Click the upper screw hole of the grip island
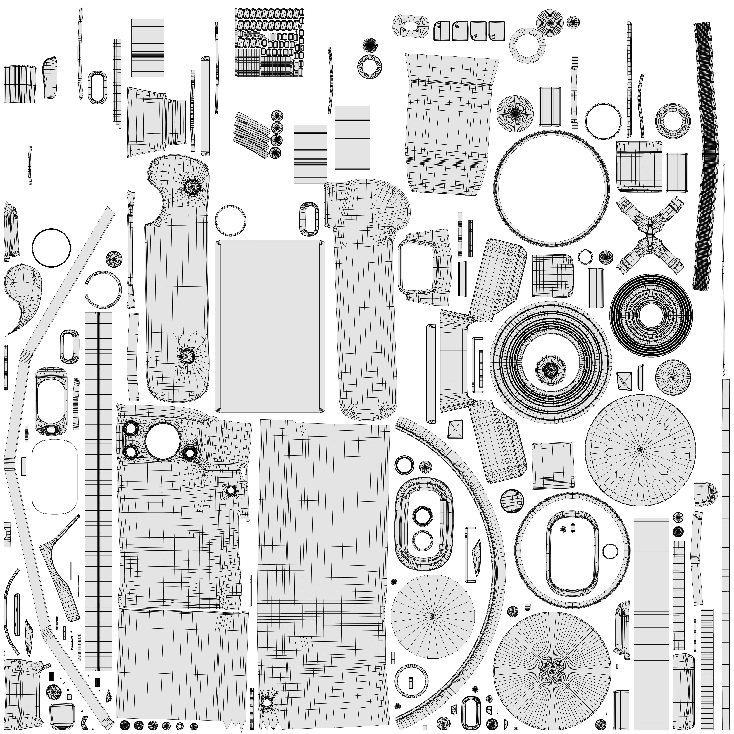[x=192, y=186]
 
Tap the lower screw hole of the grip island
[x=187, y=356]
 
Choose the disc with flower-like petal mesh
[x=640, y=450]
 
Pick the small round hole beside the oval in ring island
[x=610, y=551]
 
